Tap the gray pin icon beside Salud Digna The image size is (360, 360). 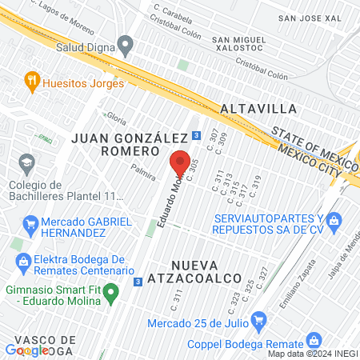tap(124, 43)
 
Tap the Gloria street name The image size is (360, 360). tap(116, 118)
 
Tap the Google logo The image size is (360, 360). tap(27, 350)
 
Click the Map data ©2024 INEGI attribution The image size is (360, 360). tap(312, 354)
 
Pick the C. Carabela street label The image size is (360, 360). tap(174, 12)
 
